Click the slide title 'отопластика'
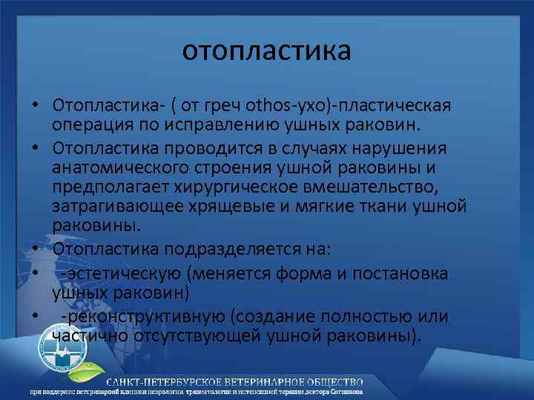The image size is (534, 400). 267,51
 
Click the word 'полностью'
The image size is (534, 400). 358,317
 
